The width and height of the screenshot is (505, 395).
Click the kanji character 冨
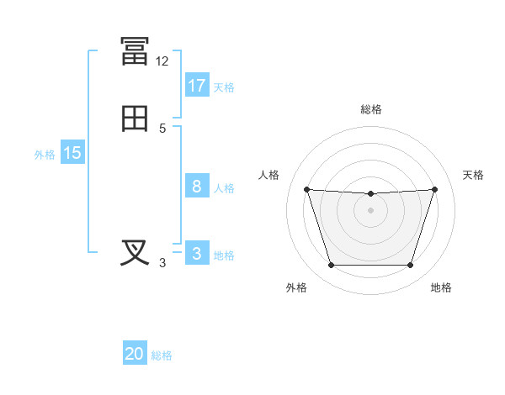click(135, 50)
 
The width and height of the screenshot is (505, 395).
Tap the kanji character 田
click(135, 118)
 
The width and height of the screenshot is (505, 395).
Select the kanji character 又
click(135, 253)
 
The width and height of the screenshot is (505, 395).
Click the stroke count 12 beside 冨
click(162, 61)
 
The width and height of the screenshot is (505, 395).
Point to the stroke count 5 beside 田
click(162, 129)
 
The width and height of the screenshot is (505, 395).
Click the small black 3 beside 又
click(162, 263)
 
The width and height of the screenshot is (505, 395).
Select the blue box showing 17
click(197, 85)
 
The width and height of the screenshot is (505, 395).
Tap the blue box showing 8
click(197, 185)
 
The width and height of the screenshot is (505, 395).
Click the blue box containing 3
click(197, 252)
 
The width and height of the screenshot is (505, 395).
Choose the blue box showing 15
click(72, 151)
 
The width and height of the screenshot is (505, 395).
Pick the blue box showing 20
click(135, 352)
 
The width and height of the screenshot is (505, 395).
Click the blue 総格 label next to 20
click(162, 355)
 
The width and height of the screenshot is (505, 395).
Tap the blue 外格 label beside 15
click(45, 155)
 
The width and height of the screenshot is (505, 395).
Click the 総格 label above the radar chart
click(371, 109)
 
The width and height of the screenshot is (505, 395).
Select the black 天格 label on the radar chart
click(473, 175)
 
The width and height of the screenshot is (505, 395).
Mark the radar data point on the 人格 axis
click(307, 189)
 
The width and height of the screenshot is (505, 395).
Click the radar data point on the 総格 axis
click(370, 193)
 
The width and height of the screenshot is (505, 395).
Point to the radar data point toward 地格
click(410, 265)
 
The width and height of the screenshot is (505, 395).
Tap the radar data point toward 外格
click(331, 265)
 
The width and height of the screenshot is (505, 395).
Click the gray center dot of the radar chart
click(370, 210)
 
